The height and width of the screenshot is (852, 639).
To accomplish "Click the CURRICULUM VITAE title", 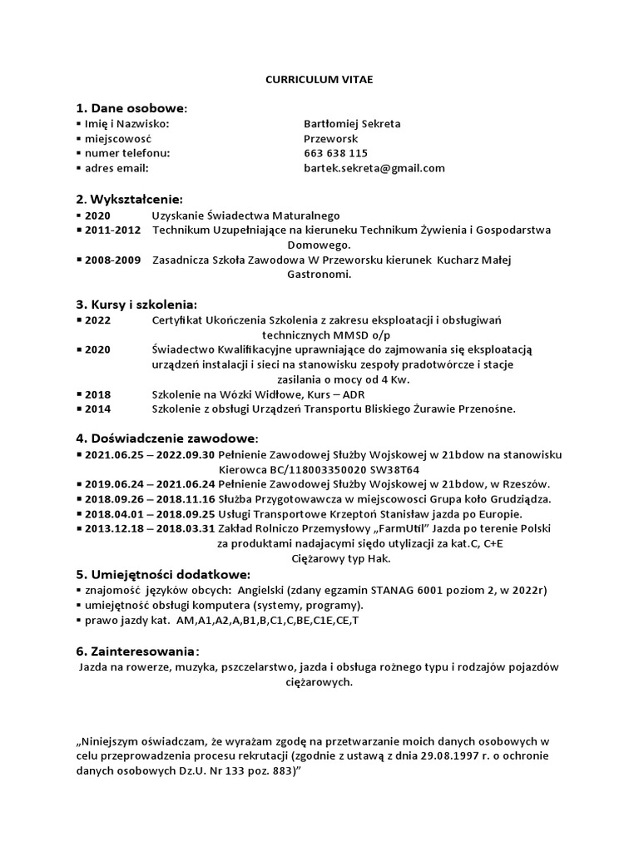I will tap(319, 79).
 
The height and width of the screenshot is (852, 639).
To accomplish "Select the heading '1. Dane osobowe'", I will tap(131, 108).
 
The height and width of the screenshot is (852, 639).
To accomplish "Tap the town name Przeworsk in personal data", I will tap(331, 139).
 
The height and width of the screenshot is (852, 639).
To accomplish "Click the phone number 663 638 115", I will tap(335, 154).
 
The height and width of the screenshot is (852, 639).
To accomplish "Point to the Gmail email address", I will tap(374, 169).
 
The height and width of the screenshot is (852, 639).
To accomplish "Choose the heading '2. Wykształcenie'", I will tap(129, 199).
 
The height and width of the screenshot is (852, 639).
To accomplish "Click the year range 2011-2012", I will tap(113, 230).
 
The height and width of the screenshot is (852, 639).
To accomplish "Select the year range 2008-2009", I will tap(113, 260).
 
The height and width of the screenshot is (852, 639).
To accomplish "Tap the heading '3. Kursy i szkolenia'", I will tap(136, 305).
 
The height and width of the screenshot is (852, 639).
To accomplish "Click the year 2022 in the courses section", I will tap(97, 319).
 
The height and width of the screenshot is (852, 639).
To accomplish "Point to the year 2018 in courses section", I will tap(97, 394).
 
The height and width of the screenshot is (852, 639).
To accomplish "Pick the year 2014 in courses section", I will tap(97, 409).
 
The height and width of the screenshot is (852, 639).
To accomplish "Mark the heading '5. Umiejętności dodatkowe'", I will tap(163, 575).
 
